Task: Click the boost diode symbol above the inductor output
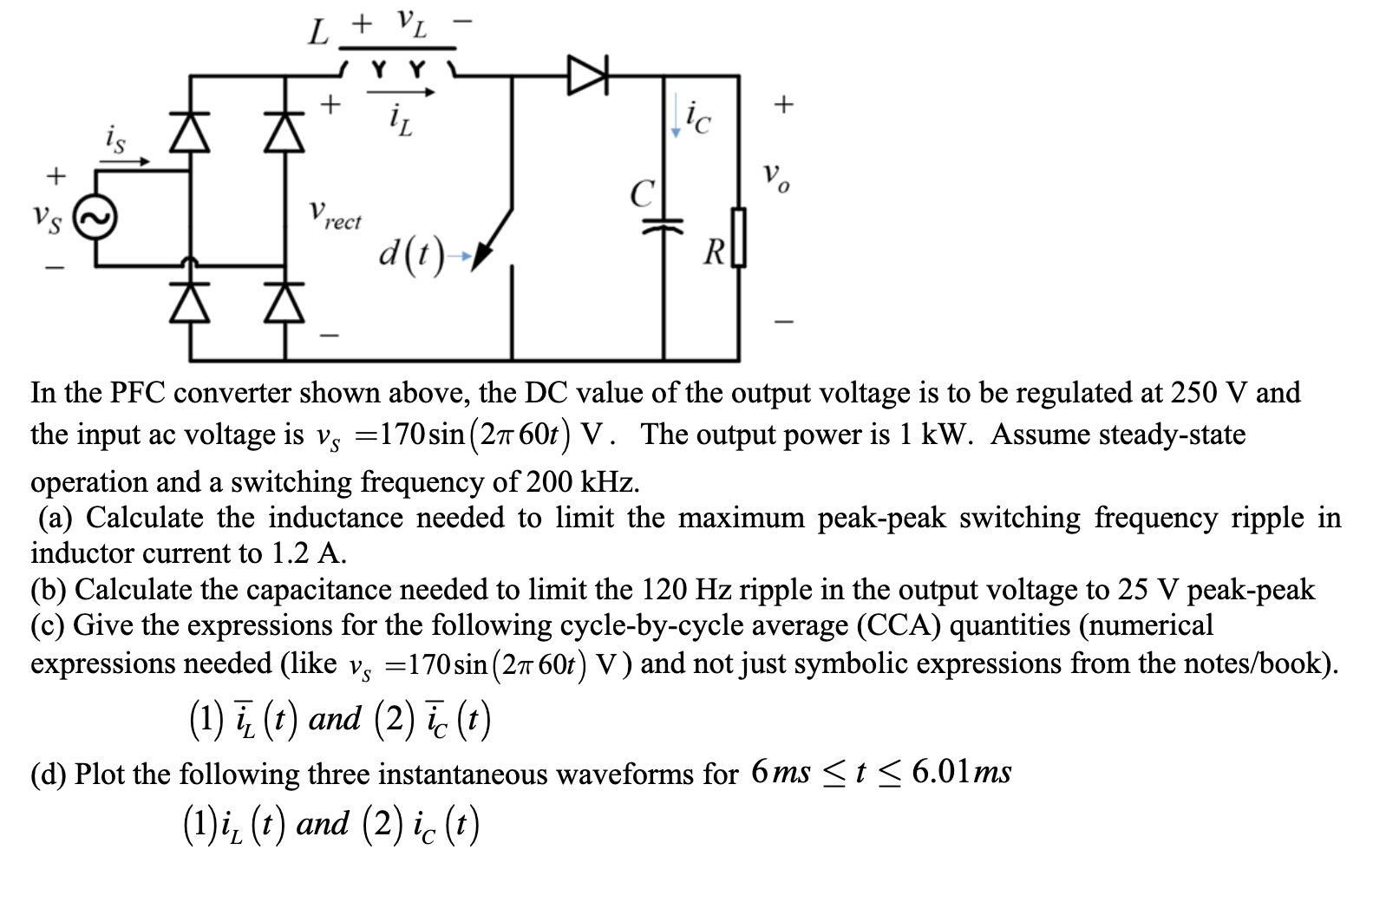point(590,75)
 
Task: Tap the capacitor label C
point(641,193)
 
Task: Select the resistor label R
point(714,253)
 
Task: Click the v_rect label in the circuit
point(335,215)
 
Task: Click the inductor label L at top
point(319,36)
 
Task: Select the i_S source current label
point(115,141)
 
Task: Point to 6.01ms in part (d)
point(961,771)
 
